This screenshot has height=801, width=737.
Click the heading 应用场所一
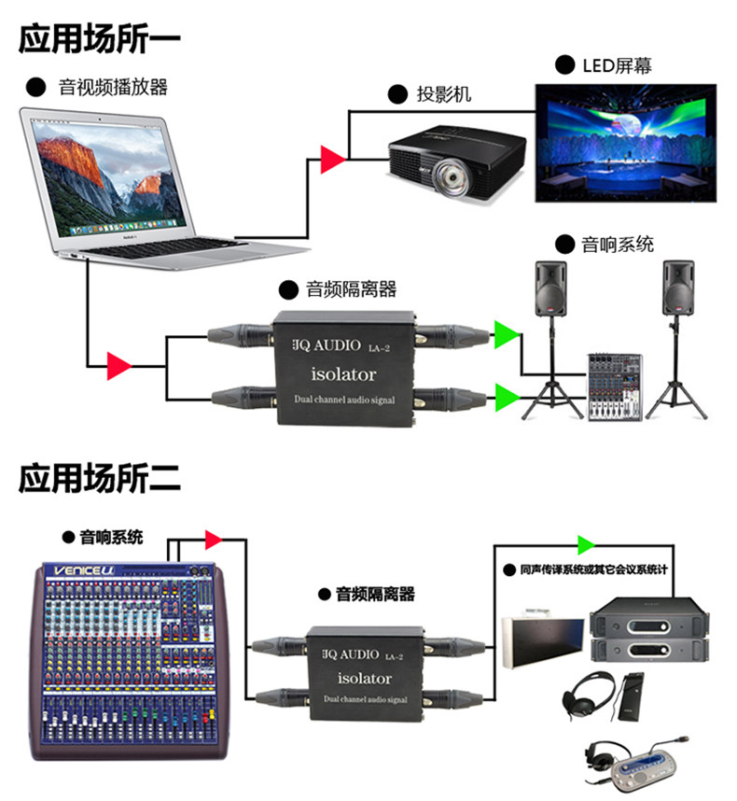(x=99, y=38)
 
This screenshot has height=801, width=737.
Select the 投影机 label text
(x=443, y=93)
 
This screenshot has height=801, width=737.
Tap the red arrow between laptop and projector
(x=332, y=160)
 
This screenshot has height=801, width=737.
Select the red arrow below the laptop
(x=119, y=365)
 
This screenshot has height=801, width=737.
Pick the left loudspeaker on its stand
(x=550, y=288)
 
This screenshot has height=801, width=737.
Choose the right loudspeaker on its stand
(x=677, y=288)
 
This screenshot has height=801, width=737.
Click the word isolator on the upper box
(x=342, y=374)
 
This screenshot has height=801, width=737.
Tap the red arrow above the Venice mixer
(x=213, y=539)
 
